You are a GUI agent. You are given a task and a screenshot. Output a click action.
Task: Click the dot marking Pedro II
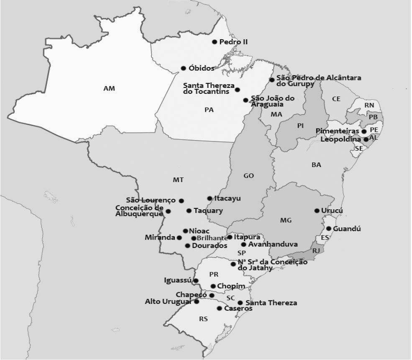pos(215,42)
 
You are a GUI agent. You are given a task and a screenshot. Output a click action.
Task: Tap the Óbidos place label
pos(202,68)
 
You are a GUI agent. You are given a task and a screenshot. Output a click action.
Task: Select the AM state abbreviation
pos(109,88)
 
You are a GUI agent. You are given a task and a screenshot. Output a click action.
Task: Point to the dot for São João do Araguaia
pos(246,100)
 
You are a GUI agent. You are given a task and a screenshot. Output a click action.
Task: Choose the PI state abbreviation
pos(300,126)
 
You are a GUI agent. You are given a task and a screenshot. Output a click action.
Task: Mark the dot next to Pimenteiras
pos(364,131)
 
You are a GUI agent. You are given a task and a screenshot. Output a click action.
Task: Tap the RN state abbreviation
pos(369,105)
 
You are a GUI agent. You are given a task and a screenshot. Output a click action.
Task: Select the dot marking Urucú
pos(317,211)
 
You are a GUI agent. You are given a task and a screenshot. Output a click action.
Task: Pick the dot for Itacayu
pos(210,198)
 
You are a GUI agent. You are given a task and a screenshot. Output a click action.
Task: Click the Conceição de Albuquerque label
pos(139,211)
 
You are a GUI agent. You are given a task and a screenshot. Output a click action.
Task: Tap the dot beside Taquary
pos(189,211)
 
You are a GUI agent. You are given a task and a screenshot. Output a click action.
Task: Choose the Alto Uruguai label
pos(168,301)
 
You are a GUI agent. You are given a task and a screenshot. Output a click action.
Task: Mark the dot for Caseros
pos(220,309)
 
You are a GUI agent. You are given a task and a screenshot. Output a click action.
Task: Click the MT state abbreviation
pos(178,180)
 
